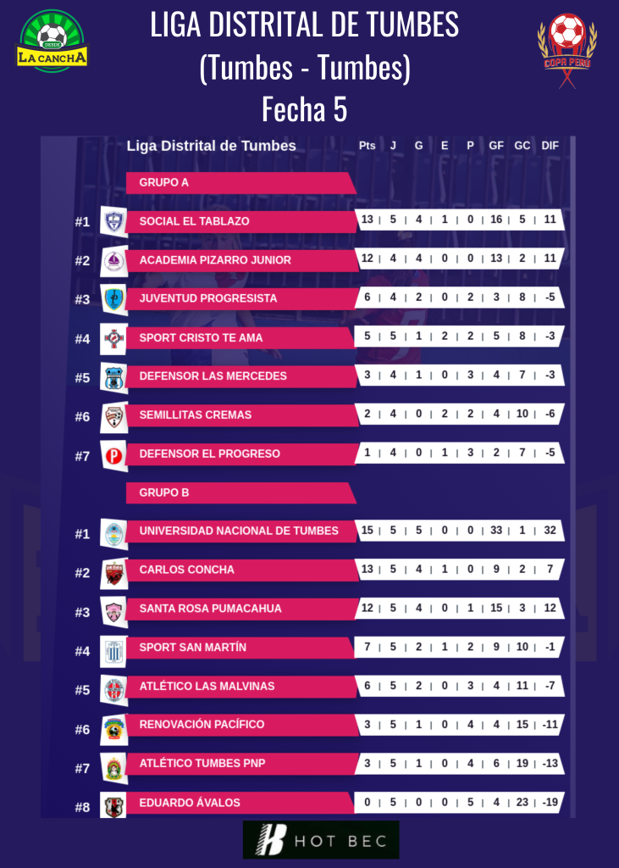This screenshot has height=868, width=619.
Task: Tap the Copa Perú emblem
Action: coord(566,44)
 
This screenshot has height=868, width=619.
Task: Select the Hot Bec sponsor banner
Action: coord(321,840)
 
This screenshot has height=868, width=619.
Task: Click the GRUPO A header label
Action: coord(163,182)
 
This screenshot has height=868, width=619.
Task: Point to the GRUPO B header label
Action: coord(163,492)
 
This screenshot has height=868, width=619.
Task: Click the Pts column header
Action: coord(367,146)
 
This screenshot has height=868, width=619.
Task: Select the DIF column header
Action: coord(550,146)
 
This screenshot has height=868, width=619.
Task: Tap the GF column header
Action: coord(496,146)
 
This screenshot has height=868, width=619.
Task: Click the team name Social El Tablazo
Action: coord(194,221)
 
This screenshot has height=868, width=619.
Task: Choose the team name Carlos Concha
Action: coord(186,570)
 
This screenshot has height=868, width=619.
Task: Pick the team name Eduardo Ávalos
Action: coord(190,803)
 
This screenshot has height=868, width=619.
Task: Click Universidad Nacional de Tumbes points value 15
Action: coord(367,531)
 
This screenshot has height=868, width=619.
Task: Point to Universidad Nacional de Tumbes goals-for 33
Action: coord(496,531)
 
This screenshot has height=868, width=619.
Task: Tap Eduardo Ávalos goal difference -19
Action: coord(550,803)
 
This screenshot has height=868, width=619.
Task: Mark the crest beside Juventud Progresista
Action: coord(113,299)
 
